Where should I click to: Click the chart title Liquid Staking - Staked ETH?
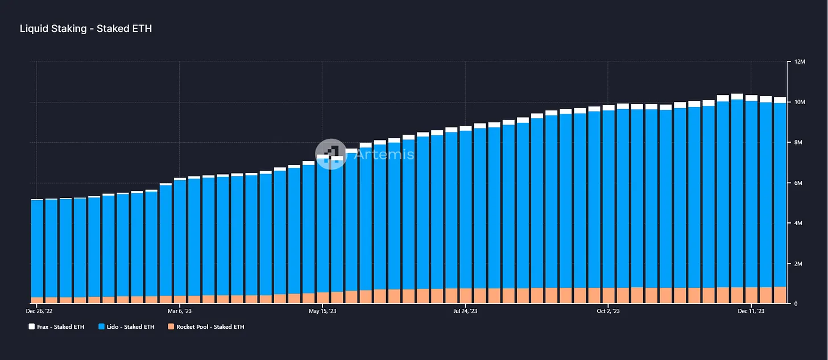(86, 29)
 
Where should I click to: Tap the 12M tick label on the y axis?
(800, 62)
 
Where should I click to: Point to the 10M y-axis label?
(800, 102)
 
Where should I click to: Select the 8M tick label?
(798, 142)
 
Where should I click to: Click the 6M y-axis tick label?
(798, 183)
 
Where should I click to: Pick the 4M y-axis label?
(798, 224)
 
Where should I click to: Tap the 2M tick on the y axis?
(798, 263)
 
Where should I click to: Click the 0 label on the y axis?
(796, 304)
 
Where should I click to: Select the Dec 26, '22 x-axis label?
(39, 311)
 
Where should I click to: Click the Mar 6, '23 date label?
(180, 311)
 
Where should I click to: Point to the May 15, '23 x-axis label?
(322, 311)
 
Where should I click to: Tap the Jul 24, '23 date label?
(465, 311)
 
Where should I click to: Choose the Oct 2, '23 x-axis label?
(608, 311)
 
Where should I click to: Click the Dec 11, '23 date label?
(751, 311)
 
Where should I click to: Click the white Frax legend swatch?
(32, 326)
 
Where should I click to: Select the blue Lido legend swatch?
(101, 326)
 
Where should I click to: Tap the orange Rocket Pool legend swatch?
(171, 326)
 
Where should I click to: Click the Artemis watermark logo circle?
(331, 154)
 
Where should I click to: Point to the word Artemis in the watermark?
(384, 154)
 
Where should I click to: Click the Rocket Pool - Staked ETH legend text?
(210, 327)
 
